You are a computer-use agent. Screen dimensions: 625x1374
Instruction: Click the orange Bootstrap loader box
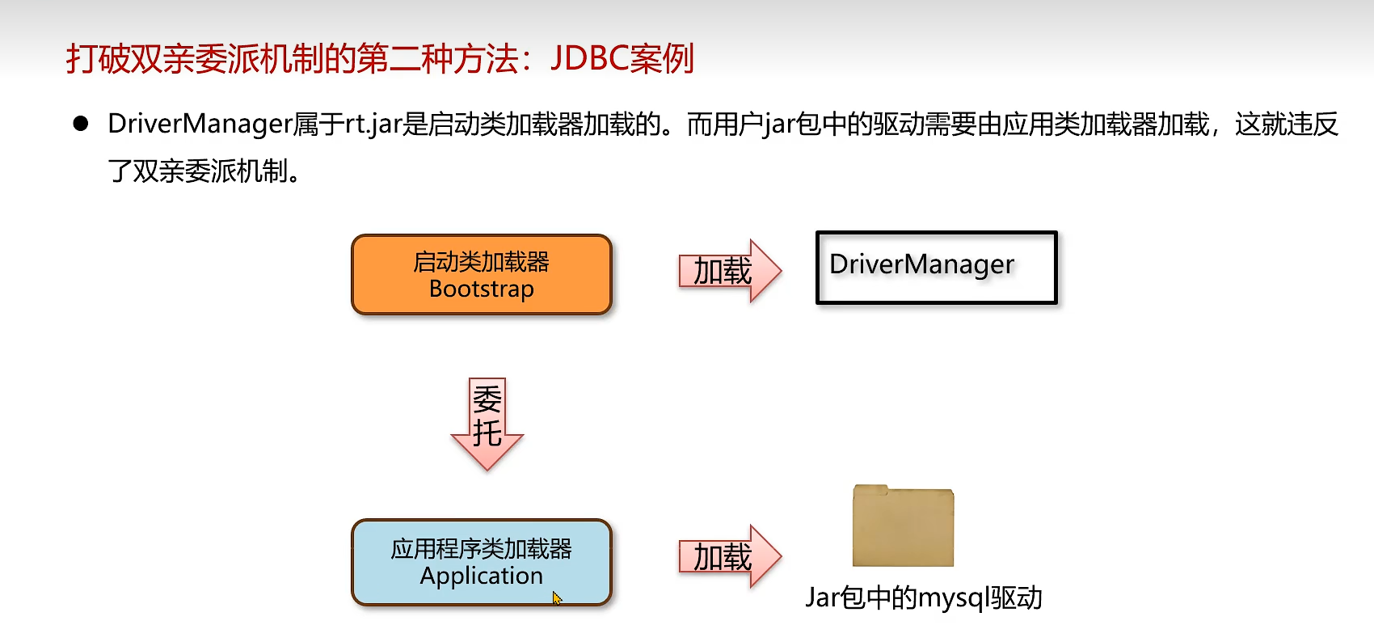[482, 275]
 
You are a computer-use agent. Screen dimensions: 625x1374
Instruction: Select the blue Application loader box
[482, 562]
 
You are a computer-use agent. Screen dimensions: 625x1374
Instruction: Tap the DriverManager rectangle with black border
[936, 268]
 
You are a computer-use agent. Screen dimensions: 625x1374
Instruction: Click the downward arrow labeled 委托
[487, 423]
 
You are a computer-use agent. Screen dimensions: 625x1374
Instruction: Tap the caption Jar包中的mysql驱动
[923, 598]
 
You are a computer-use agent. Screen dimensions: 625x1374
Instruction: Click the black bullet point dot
[81, 124]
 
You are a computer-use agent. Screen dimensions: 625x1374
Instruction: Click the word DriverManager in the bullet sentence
[200, 124]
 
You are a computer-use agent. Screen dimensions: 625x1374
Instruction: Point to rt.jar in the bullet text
[373, 124]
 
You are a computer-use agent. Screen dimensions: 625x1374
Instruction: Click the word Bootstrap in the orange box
[482, 289]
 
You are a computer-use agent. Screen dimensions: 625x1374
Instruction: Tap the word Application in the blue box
[482, 576]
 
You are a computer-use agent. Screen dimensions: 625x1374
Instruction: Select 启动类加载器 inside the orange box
[482, 262]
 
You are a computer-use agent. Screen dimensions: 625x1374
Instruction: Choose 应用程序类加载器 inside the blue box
[482, 549]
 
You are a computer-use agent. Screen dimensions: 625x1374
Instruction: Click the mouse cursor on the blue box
[556, 598]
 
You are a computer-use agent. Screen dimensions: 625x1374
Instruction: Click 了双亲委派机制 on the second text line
[198, 171]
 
